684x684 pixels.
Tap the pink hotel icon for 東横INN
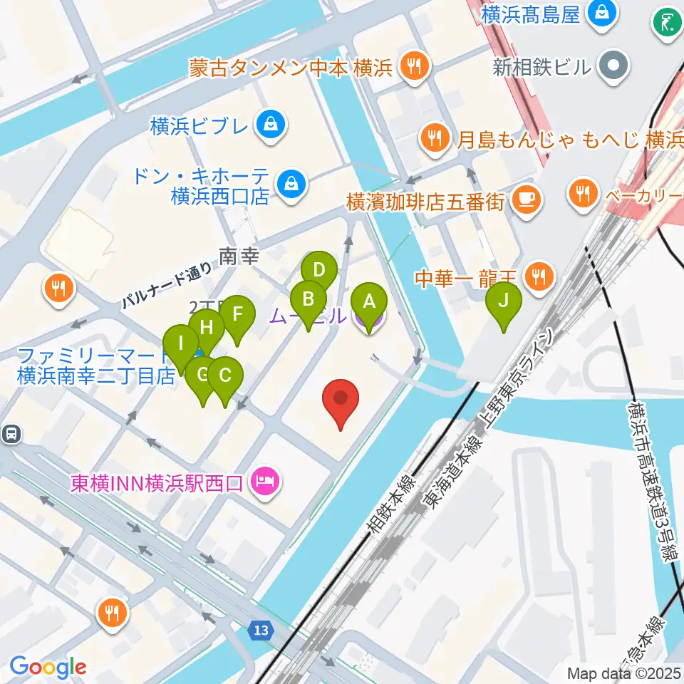(265, 483)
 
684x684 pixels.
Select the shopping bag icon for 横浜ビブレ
(272, 125)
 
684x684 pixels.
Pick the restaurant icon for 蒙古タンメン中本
(413, 67)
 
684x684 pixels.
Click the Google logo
(48, 667)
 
